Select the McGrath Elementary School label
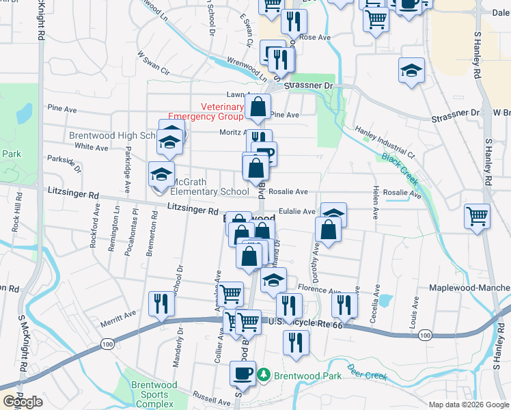[x=210, y=187]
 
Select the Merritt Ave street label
[x=120, y=312]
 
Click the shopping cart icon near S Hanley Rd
[x=478, y=217]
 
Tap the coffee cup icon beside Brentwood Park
[x=244, y=373]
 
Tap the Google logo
[x=23, y=401]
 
